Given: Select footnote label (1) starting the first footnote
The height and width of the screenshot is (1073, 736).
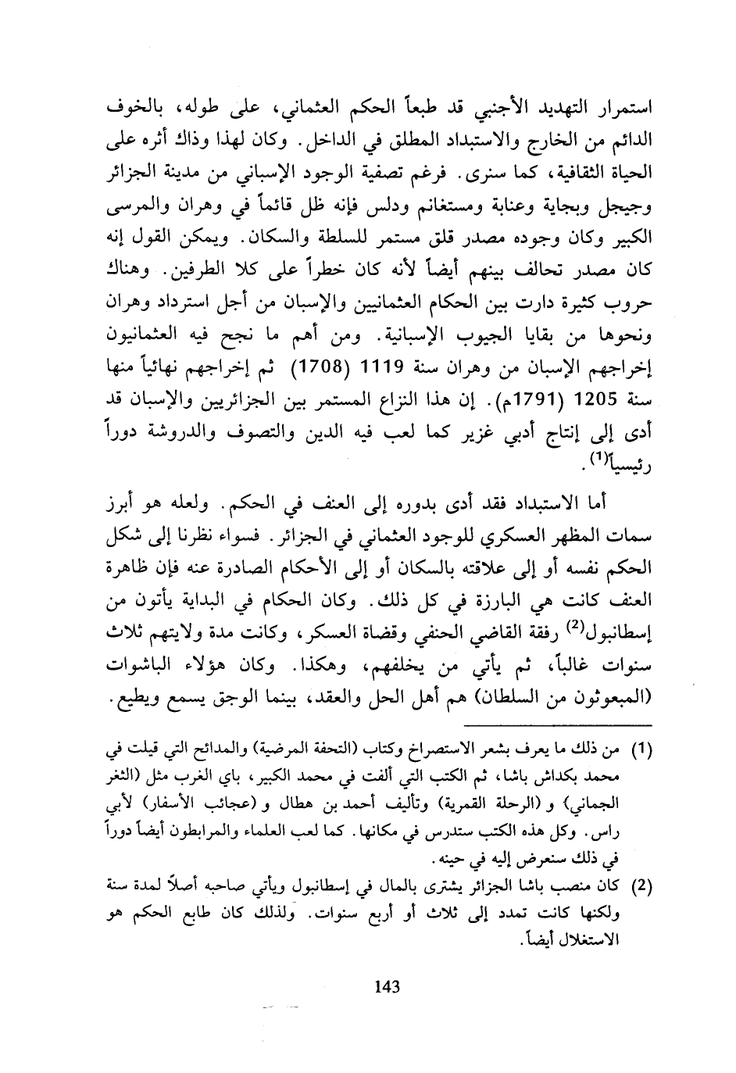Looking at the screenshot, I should coord(639,752).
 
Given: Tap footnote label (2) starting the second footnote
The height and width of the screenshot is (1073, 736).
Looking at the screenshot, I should coord(639,886).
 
